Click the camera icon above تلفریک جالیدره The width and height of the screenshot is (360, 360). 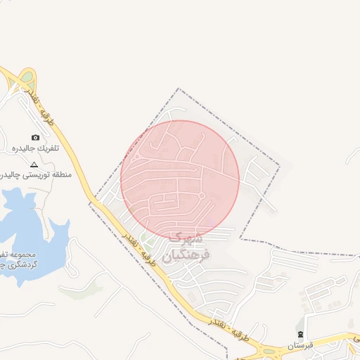(x=35, y=138)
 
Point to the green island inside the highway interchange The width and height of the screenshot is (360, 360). (x=27, y=77)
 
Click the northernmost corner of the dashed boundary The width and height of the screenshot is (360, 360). (x=179, y=89)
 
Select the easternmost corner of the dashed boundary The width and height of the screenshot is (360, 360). (x=280, y=166)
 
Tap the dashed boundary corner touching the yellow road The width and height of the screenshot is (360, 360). (x=90, y=202)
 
